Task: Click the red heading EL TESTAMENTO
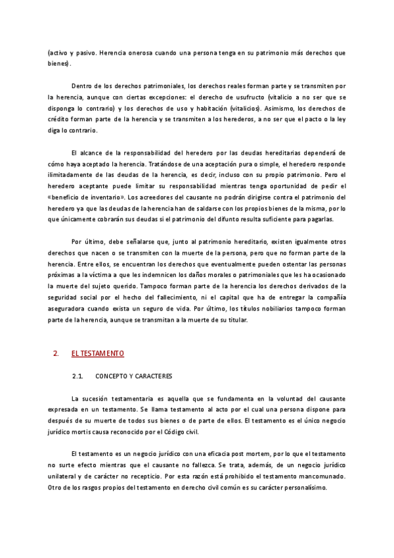coord(98,354)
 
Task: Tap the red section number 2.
coord(55,354)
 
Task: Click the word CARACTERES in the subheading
coord(150,376)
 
